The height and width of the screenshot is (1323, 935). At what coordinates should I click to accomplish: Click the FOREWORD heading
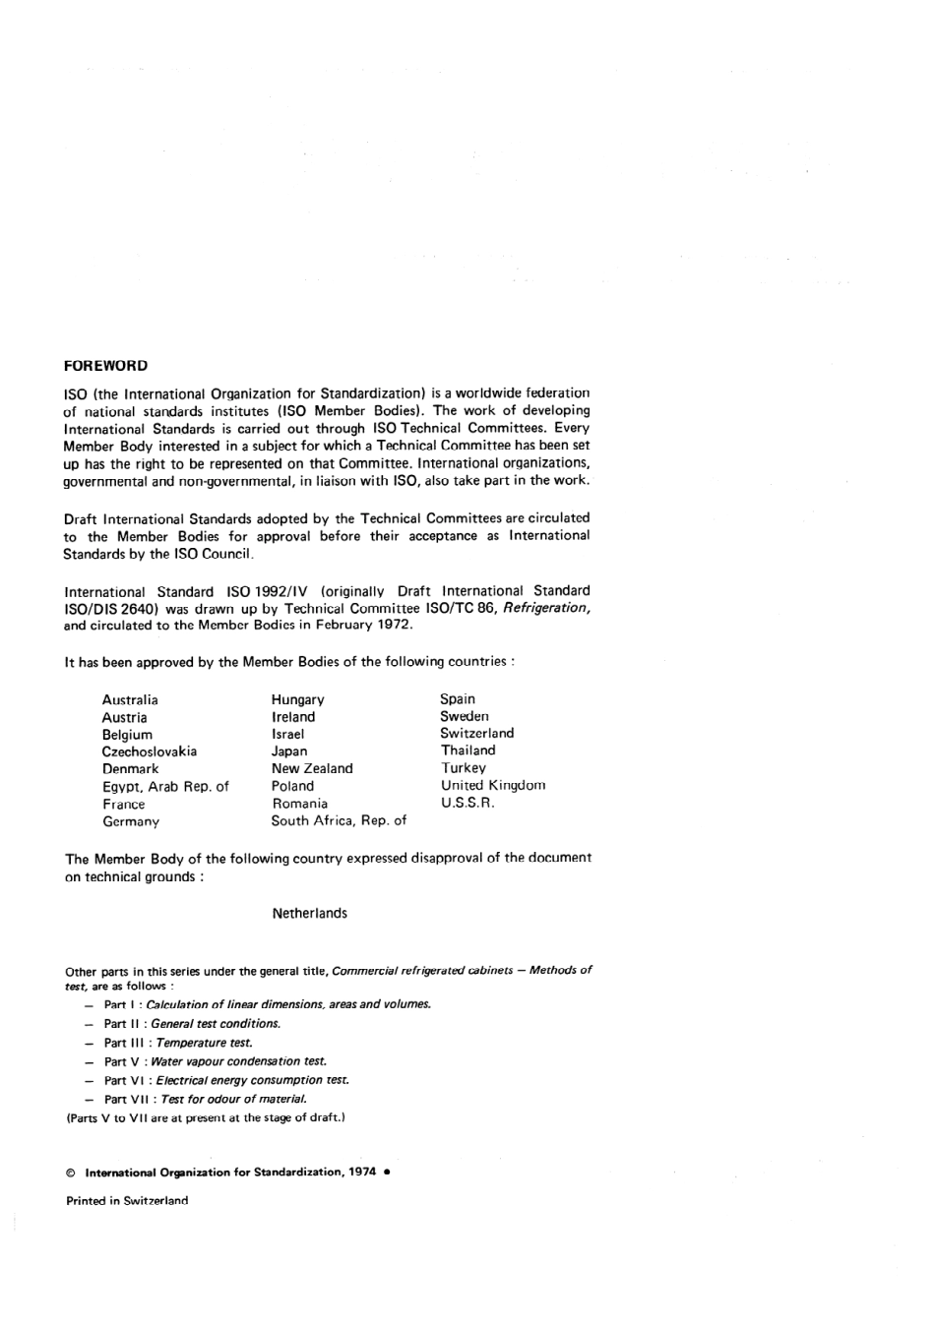(105, 366)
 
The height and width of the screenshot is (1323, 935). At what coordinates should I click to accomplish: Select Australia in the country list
(130, 700)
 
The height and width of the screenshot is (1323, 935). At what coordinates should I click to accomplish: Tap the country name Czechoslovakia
(150, 752)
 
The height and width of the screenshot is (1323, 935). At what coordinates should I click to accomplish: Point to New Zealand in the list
(312, 769)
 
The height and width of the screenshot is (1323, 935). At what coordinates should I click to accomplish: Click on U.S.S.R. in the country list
(467, 803)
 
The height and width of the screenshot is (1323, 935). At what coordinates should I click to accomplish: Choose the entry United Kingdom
(493, 786)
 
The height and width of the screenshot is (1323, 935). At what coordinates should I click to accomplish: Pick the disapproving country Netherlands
(309, 914)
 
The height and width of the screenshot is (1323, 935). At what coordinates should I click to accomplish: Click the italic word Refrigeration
(546, 609)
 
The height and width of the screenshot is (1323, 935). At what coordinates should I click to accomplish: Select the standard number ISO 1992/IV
(268, 592)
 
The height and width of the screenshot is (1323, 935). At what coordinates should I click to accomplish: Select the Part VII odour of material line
(206, 1099)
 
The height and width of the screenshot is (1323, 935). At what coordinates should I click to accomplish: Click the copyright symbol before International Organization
(70, 1173)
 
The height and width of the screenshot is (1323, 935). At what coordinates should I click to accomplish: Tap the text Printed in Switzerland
(127, 1201)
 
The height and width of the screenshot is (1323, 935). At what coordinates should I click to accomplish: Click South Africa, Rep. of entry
(339, 820)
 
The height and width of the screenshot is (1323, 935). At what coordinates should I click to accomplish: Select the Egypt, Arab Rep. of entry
(165, 787)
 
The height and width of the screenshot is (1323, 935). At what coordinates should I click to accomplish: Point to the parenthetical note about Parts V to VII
(205, 1117)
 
